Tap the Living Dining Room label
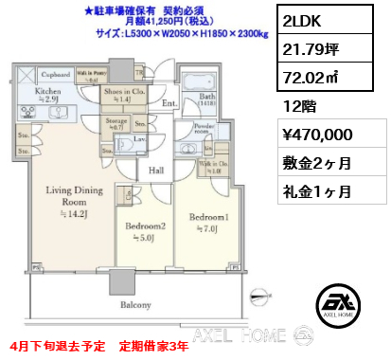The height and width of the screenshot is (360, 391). point(65,195)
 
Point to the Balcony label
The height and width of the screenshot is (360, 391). point(136,305)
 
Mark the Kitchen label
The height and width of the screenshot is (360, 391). point(47,92)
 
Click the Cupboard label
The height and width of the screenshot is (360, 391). point(58,74)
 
